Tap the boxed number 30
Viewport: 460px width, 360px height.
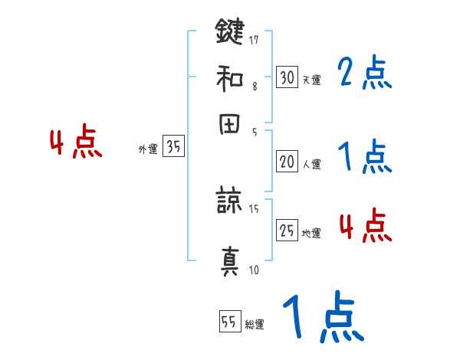tap(287, 77)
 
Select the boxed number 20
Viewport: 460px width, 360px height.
tap(287, 162)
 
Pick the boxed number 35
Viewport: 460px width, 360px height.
tap(173, 147)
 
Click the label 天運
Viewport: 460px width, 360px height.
tap(310, 80)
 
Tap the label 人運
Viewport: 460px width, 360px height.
tap(311, 164)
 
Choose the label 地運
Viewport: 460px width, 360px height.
tap(311, 233)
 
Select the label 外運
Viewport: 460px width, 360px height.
tap(148, 150)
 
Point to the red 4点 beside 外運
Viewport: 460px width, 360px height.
tap(76, 144)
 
